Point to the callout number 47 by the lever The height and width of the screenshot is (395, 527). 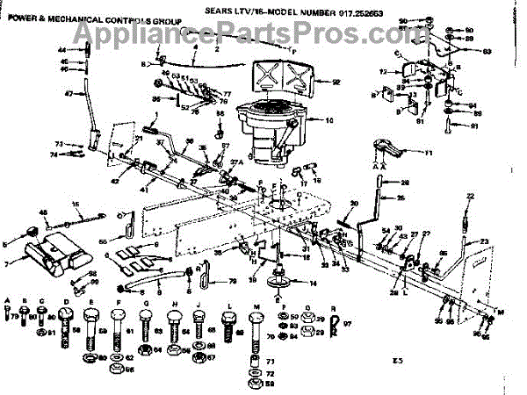(69, 93)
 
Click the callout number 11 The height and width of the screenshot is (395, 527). (430, 154)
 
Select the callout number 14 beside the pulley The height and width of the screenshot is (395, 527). (313, 283)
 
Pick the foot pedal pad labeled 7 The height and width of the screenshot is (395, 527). (57, 255)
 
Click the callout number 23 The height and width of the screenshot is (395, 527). (483, 241)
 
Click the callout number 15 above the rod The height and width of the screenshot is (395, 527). (76, 205)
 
